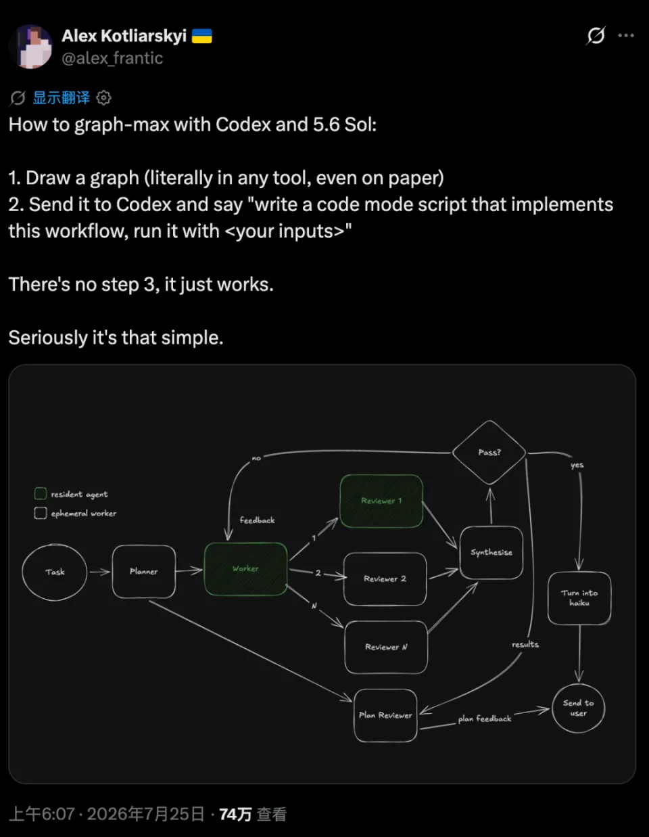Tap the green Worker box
(245, 568)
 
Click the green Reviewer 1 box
(381, 501)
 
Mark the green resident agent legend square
(41, 493)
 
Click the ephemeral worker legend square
(41, 513)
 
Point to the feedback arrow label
(257, 520)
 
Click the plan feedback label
(485, 719)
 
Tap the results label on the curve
(525, 644)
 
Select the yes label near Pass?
(577, 466)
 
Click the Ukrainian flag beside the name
(202, 37)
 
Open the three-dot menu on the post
(626, 35)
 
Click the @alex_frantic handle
(112, 58)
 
